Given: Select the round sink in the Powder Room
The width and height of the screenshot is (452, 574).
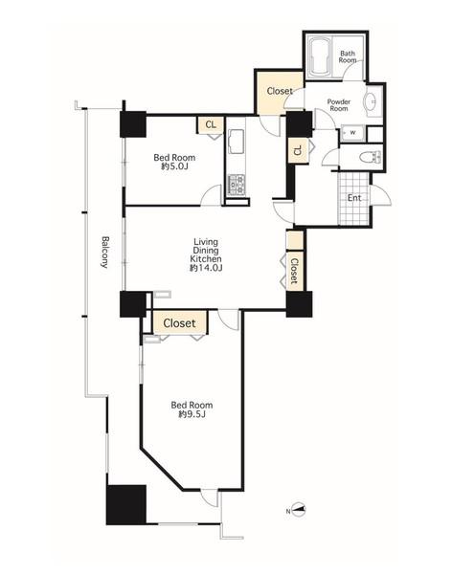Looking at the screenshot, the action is (x=371, y=100).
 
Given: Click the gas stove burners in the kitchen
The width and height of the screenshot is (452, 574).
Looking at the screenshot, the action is (x=236, y=185).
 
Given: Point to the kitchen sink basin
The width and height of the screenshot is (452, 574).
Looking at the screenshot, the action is (x=236, y=142).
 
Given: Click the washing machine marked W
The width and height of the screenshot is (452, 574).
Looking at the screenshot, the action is (x=352, y=133).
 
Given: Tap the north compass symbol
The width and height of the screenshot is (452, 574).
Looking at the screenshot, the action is (x=298, y=510).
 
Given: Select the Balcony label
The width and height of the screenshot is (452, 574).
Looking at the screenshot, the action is (x=104, y=252).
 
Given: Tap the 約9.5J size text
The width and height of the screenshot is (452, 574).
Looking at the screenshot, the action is (x=192, y=414).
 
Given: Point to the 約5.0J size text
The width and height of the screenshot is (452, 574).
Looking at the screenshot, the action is (x=175, y=166).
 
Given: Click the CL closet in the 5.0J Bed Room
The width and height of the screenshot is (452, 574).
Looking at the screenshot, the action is (x=211, y=124).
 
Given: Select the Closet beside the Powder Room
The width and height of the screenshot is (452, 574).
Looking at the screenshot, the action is (x=280, y=92).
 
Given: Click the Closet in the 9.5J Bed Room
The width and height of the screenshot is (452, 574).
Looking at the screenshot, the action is (x=180, y=323).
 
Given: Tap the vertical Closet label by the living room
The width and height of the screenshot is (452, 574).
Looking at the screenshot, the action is (x=294, y=271).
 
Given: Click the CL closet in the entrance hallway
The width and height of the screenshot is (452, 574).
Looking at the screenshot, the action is (x=298, y=150).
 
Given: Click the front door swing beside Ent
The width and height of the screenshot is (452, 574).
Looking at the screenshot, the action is (x=381, y=195).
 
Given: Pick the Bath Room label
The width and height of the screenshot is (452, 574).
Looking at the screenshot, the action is (x=348, y=56).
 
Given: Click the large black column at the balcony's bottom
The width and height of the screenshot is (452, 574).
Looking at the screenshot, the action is (x=126, y=504).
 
